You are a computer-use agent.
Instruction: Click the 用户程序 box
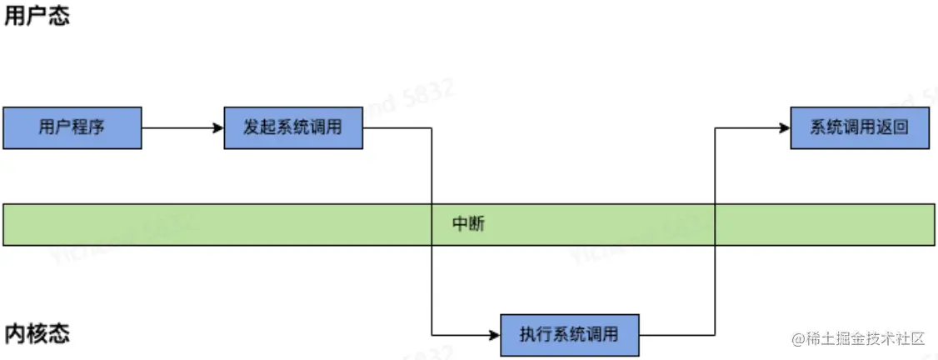click(x=72, y=128)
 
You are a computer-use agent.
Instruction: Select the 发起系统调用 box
click(x=293, y=128)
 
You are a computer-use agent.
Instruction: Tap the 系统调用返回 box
click(x=859, y=128)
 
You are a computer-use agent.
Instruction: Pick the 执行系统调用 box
click(x=570, y=335)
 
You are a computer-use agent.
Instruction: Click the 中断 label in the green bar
click(x=468, y=225)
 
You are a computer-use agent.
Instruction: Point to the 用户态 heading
click(x=37, y=17)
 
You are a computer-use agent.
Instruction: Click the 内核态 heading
click(x=37, y=334)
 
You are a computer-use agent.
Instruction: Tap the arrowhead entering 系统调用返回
click(x=785, y=128)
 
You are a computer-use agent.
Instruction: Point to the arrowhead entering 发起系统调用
click(x=218, y=128)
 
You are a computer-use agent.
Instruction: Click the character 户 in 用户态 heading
click(x=37, y=17)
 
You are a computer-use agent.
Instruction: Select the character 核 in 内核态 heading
click(x=37, y=334)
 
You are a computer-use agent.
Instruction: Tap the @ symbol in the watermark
click(x=797, y=339)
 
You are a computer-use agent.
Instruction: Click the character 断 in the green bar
click(x=476, y=225)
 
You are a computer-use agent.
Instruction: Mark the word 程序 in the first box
click(x=87, y=128)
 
